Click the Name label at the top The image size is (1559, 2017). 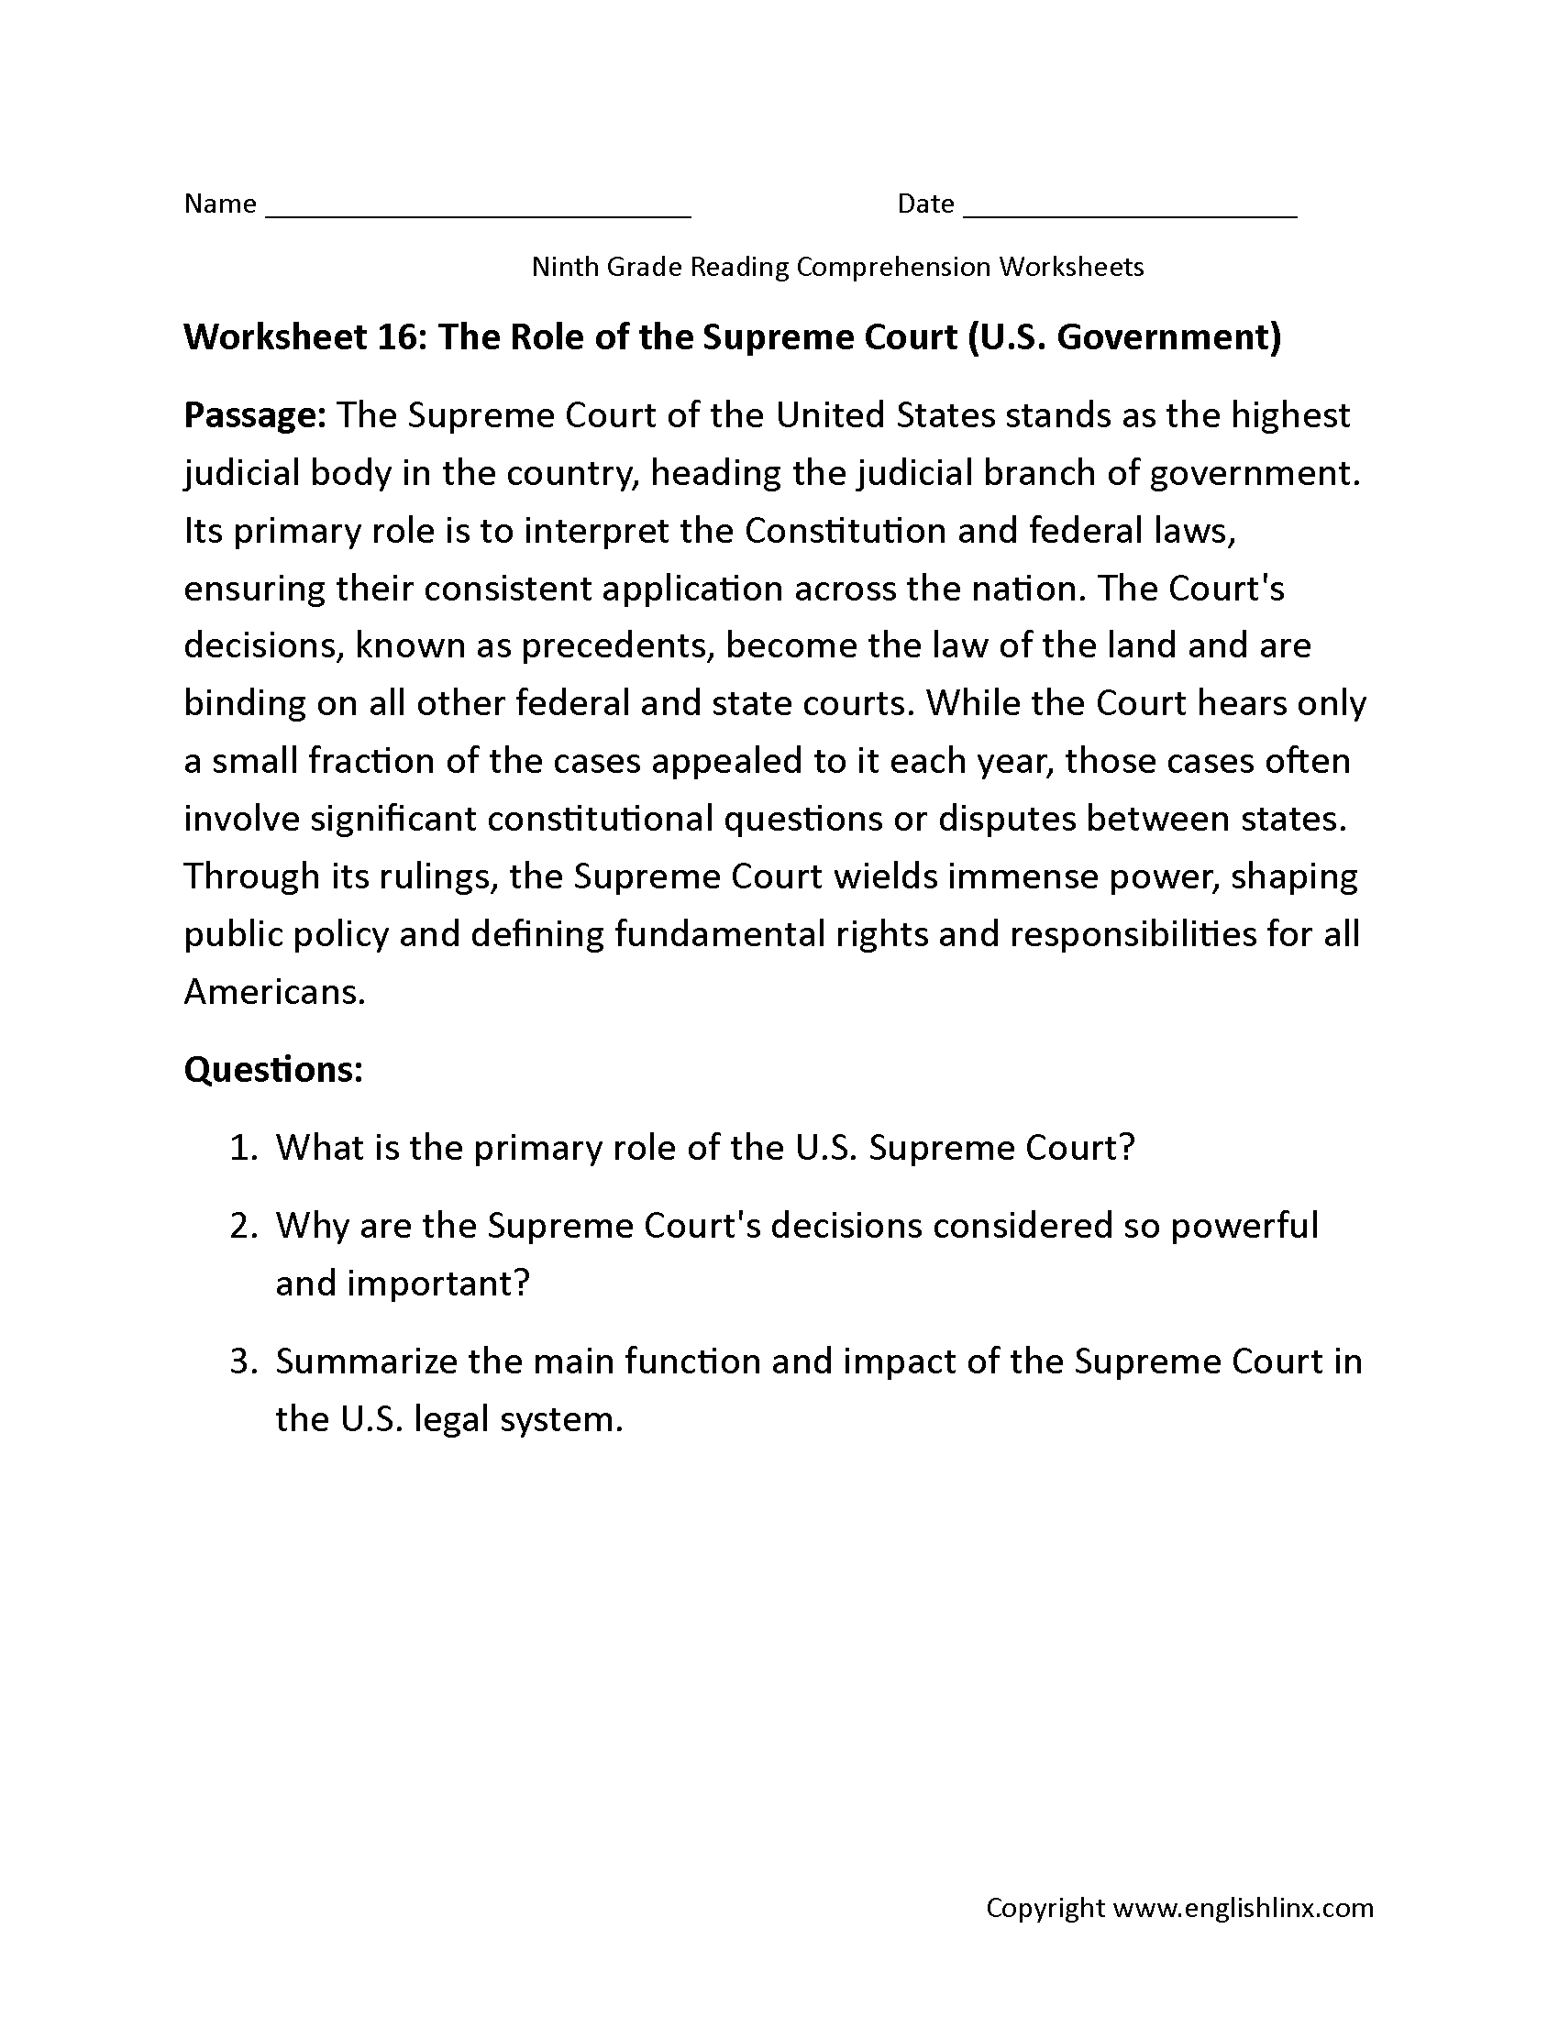(220, 204)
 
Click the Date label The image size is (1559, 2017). (925, 204)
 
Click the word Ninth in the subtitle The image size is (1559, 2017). (565, 267)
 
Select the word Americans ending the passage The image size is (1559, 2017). (274, 992)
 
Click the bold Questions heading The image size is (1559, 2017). (273, 1069)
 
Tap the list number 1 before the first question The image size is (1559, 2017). (242, 1148)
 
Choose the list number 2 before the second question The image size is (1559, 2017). (242, 1226)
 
